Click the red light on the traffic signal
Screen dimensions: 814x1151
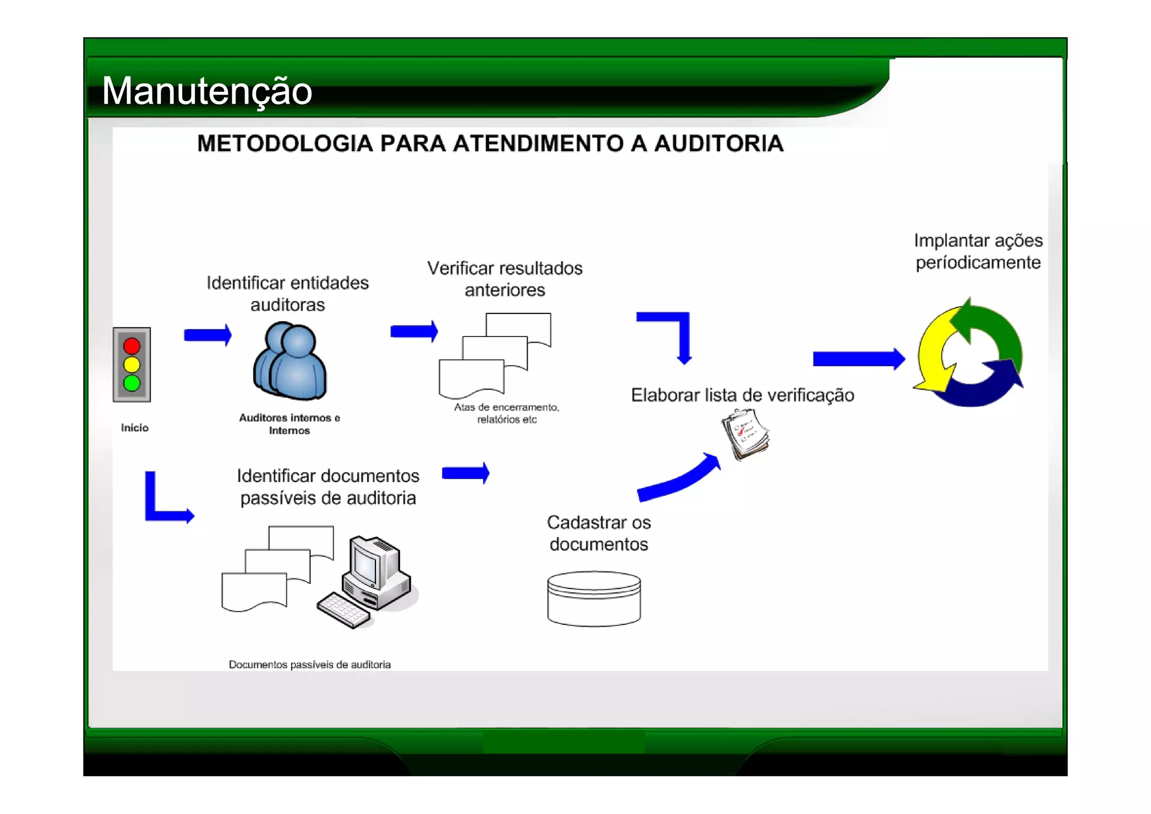click(x=132, y=345)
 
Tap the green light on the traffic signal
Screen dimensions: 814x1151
click(x=132, y=383)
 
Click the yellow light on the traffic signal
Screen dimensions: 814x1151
click(x=132, y=365)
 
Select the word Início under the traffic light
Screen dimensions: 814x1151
click(x=134, y=428)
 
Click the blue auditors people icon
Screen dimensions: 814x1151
click(x=290, y=361)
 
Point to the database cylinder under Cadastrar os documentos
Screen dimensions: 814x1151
click(x=594, y=599)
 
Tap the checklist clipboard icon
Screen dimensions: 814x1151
click(x=745, y=434)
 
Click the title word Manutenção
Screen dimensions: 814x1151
click(x=207, y=91)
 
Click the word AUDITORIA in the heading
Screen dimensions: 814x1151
click(x=719, y=143)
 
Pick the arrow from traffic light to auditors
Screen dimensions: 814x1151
click(x=207, y=335)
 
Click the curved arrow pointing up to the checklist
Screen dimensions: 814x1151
click(x=679, y=479)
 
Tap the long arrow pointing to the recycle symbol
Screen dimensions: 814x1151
click(x=858, y=359)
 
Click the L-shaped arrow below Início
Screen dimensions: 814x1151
click(x=163, y=504)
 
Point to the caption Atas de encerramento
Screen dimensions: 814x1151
click(x=506, y=407)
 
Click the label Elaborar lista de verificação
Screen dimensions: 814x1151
click(x=742, y=395)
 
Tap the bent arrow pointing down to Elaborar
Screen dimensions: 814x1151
click(x=674, y=332)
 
